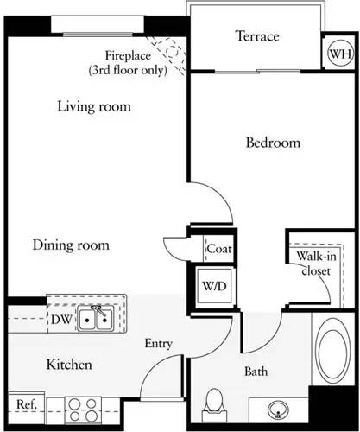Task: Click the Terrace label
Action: (x=256, y=36)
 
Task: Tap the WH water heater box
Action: (x=338, y=54)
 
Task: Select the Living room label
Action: (x=94, y=107)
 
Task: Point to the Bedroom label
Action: (x=272, y=143)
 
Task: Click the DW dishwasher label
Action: (x=60, y=318)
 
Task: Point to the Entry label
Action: (x=158, y=344)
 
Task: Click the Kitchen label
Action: (x=69, y=365)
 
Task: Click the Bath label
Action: (x=256, y=372)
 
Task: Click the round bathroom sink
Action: (x=279, y=409)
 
